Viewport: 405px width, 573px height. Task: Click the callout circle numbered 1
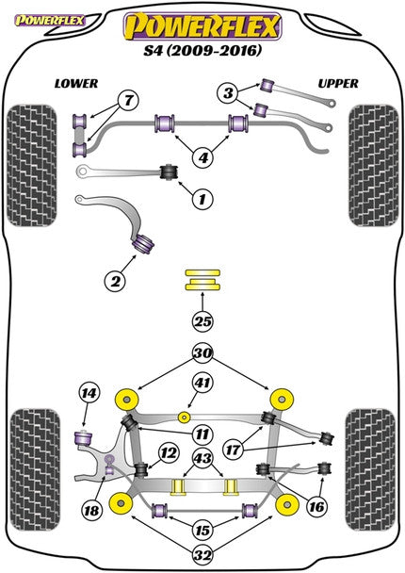coord(201,199)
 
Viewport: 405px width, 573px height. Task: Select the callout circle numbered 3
coord(227,92)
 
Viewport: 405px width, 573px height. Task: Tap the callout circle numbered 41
coord(201,384)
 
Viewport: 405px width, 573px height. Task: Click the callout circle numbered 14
coord(88,394)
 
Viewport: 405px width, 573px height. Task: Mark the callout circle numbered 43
coord(202,459)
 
